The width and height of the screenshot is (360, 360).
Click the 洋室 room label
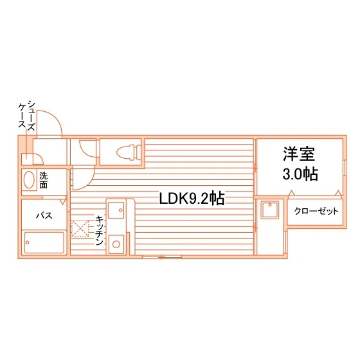pos(299,154)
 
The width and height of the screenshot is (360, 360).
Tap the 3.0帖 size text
pos(300,174)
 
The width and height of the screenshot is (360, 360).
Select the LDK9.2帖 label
pos(192,199)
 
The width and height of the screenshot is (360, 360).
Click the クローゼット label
pos(316,211)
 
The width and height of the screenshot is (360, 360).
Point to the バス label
pos(44,215)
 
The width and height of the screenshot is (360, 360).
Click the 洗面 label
pos(44,181)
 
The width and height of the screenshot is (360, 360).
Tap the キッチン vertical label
pos(99,230)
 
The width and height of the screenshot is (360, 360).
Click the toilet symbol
pos(129,152)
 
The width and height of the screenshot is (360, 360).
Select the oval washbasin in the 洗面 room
pos(29,180)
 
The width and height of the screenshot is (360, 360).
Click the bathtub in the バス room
pos(44,243)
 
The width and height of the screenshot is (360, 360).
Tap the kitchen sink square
pos(116,210)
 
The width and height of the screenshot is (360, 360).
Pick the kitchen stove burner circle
pos(116,244)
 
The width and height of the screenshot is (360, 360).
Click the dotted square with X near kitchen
pos(80,229)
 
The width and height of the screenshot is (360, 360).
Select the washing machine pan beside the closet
pos(270,210)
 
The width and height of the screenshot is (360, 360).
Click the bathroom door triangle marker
pos(63,201)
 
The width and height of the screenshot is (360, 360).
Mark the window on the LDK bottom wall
pos(162,257)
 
